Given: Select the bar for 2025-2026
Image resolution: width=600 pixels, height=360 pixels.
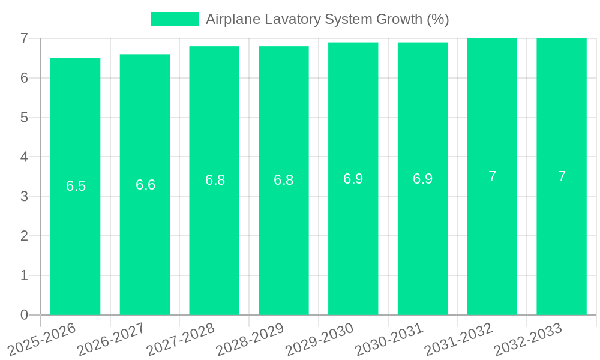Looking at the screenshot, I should (75, 240).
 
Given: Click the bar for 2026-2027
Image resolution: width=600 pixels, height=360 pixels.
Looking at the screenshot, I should (145, 240).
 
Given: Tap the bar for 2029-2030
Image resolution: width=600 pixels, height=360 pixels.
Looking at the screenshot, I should (353, 240).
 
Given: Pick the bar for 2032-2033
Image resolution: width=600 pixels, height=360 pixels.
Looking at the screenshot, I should (561, 240).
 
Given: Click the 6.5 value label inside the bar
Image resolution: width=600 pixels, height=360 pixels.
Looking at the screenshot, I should (76, 186).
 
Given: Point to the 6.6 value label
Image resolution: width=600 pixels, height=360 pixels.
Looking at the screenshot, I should (145, 185).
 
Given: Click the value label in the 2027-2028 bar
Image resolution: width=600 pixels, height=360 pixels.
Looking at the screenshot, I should (215, 180).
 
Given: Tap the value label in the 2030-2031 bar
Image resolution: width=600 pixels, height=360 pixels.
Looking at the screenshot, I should (422, 179).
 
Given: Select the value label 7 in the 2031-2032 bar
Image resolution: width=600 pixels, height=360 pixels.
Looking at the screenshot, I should (492, 176).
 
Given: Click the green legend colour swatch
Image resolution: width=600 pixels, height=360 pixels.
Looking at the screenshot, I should (174, 19).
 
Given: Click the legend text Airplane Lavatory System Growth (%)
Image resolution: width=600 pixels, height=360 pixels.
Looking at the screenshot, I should (327, 19).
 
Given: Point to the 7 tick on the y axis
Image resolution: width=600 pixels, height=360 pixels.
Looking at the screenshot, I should (24, 38).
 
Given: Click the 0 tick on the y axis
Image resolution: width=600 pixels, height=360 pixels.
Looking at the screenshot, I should (24, 315).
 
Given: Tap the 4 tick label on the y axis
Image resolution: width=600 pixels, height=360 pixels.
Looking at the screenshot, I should (24, 157).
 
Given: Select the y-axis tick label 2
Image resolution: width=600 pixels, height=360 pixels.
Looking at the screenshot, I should (24, 236).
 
